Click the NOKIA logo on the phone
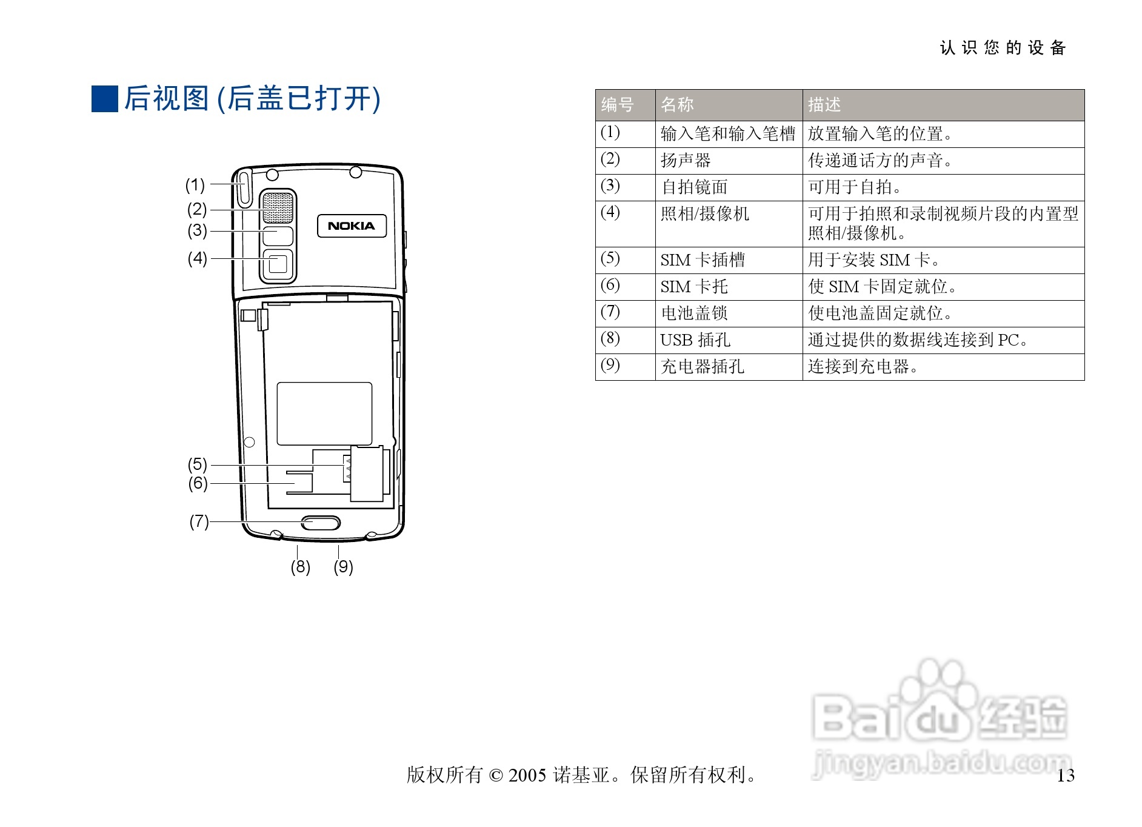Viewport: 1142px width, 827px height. coord(352,226)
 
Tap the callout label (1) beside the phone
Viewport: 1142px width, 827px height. coord(195,184)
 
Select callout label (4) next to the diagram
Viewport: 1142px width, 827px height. coord(198,258)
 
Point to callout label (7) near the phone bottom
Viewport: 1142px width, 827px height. coord(199,521)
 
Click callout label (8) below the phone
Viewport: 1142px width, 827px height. coord(300,567)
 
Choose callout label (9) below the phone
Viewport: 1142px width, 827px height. coord(343,567)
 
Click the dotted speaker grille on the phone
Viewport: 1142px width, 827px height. coord(278,207)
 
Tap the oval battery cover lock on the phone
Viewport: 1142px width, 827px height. coord(321,523)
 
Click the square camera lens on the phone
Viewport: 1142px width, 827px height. coord(278,264)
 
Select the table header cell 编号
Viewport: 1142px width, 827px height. coord(618,105)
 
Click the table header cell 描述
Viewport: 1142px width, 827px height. coord(824,105)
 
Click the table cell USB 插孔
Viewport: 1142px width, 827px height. coord(695,340)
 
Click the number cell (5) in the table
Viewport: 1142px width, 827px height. coord(610,259)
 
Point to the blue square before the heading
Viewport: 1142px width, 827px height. coord(105,99)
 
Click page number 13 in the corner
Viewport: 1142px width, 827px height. coord(1066,775)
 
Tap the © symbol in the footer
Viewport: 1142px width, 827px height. coord(496,775)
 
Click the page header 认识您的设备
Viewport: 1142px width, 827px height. coord(1003,48)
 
